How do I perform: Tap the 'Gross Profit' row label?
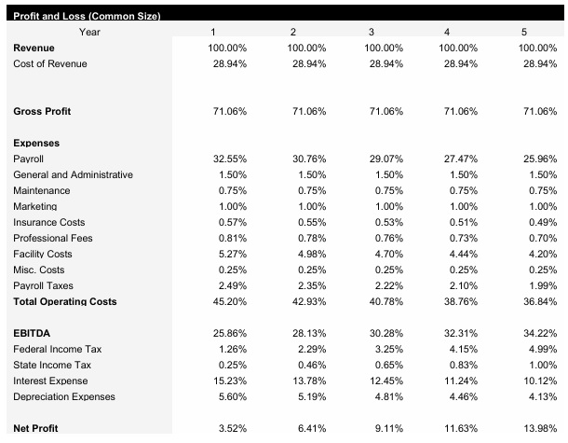(43, 112)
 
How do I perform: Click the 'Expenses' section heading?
(37, 144)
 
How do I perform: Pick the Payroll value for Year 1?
(231, 159)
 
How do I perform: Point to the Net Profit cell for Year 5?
(541, 429)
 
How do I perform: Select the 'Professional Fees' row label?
(52, 239)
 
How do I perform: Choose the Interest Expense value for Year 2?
(307, 381)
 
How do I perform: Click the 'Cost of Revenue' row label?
(50, 63)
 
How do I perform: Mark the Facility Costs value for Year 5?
(541, 255)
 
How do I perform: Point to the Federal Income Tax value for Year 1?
(233, 350)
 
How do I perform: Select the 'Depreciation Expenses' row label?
(64, 397)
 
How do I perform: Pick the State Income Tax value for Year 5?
(541, 366)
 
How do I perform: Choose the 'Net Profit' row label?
(36, 429)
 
